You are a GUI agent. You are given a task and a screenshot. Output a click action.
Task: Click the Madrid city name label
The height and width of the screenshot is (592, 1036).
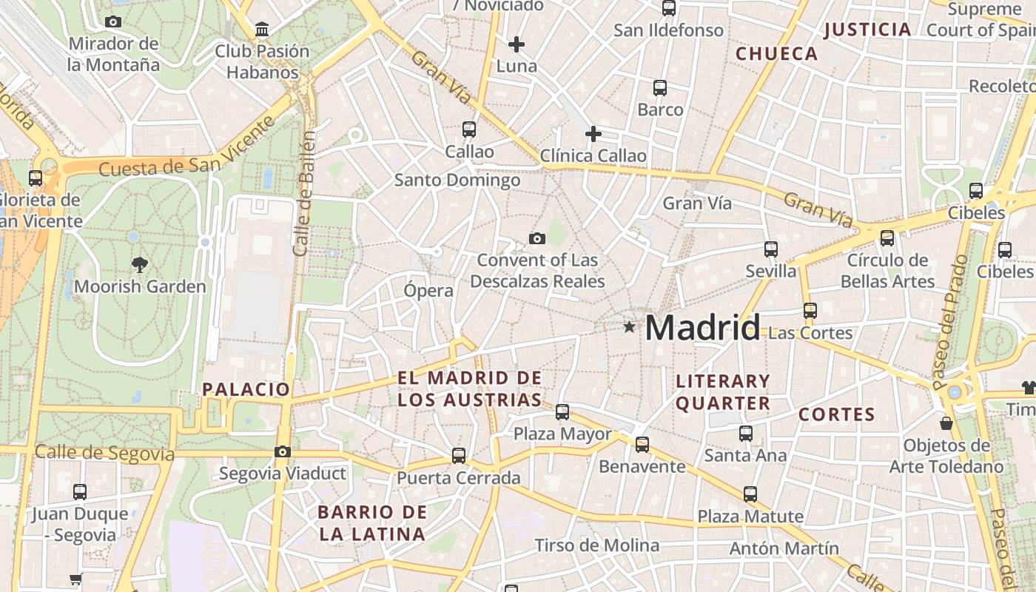click(702, 327)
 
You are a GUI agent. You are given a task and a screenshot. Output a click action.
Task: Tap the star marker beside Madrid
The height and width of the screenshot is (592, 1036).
click(629, 326)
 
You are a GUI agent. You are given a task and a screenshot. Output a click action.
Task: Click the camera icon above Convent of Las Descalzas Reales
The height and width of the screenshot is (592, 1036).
click(537, 238)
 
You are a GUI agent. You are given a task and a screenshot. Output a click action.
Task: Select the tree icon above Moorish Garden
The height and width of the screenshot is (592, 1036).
click(139, 264)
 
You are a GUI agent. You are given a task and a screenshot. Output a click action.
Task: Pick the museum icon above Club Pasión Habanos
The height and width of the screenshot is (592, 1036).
click(261, 30)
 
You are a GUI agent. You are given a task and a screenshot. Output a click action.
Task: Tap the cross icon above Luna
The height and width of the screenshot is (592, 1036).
click(517, 44)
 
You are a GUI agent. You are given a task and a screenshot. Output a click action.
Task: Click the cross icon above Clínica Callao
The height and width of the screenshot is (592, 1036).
click(593, 134)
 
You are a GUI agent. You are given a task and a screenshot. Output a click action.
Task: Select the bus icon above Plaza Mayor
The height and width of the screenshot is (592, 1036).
click(562, 412)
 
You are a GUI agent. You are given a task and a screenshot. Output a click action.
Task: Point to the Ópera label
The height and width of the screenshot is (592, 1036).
click(428, 291)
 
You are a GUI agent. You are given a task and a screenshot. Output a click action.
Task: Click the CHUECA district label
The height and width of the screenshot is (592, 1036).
click(777, 53)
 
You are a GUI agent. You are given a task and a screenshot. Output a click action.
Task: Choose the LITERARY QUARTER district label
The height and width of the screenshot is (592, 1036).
click(723, 392)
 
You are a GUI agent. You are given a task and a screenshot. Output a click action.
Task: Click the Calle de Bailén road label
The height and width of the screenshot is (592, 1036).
click(305, 194)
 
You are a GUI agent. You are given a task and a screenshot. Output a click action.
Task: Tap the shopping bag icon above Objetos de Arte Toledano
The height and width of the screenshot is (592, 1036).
click(946, 423)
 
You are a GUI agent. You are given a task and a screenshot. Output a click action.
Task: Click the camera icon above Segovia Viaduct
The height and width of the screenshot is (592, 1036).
click(282, 451)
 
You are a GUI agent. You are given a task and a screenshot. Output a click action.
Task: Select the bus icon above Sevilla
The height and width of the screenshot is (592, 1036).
click(771, 249)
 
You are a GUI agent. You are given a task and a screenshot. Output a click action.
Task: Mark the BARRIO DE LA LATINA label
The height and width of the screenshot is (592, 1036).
click(372, 522)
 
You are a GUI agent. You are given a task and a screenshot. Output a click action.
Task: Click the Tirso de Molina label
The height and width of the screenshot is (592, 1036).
click(596, 546)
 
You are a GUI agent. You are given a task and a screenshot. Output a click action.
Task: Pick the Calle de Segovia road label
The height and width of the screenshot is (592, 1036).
click(104, 453)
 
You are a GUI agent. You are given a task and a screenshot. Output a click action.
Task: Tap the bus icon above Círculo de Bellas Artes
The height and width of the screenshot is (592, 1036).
click(887, 238)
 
